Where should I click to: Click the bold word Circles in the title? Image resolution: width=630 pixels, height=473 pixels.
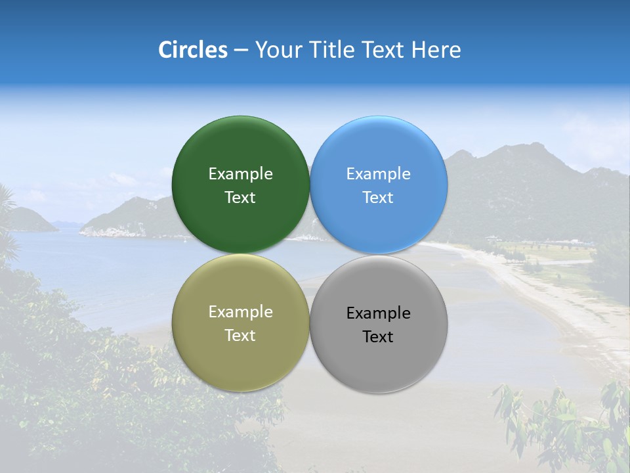(193, 50)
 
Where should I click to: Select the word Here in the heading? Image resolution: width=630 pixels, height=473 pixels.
(436, 50)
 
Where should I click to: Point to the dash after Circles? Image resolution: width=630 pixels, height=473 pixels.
(241, 51)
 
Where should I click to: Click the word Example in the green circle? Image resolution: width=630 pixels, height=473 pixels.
(240, 174)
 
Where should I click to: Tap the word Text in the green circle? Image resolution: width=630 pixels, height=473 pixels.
(240, 198)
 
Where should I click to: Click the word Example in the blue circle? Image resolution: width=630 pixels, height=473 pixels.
(379, 174)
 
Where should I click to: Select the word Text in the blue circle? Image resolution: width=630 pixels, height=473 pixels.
(379, 198)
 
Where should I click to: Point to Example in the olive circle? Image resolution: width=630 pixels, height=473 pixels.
(240, 312)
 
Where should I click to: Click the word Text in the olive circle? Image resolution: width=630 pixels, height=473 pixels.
(240, 336)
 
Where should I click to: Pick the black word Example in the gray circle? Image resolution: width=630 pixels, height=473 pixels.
(379, 313)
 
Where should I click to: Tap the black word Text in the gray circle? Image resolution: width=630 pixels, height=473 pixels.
(379, 337)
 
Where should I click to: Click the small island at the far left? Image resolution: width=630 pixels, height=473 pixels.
(30, 220)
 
